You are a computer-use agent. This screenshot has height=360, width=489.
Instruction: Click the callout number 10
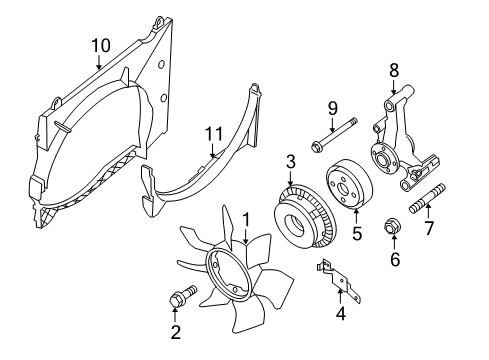[x=99, y=45]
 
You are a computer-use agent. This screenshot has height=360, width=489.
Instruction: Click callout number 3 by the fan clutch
[x=289, y=160]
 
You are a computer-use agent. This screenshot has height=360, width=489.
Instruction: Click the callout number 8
[x=393, y=70]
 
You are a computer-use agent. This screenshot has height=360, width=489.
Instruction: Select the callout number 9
[x=332, y=108]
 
